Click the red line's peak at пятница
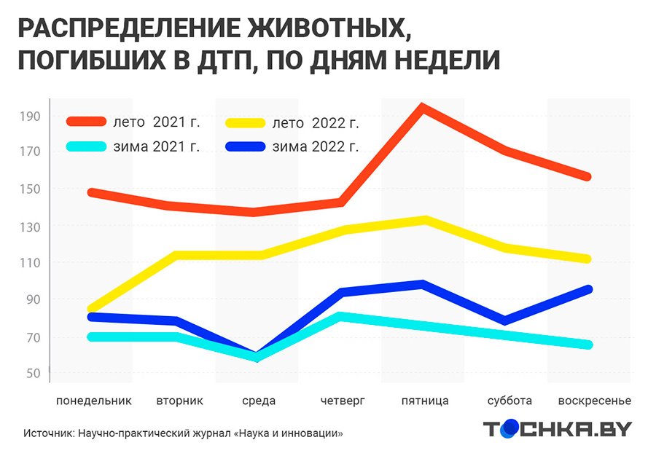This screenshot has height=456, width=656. pyautogui.click(x=422, y=108)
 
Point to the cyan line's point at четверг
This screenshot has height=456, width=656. pyautogui.click(x=340, y=316)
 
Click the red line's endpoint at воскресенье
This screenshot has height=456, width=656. pyautogui.click(x=587, y=177)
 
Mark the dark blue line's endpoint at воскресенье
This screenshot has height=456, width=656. pyautogui.click(x=587, y=289)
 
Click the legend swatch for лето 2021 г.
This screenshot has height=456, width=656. pyautogui.click(x=86, y=122)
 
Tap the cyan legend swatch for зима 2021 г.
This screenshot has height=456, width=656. pyautogui.click(x=86, y=146)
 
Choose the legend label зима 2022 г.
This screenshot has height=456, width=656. pyautogui.click(x=315, y=146)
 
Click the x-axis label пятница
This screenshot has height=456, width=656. pyautogui.click(x=425, y=401)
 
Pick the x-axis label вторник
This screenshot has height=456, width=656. pyautogui.click(x=179, y=401)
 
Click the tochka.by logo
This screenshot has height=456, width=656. pyautogui.click(x=558, y=429)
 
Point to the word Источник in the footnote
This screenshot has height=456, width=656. pyautogui.click(x=47, y=433)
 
